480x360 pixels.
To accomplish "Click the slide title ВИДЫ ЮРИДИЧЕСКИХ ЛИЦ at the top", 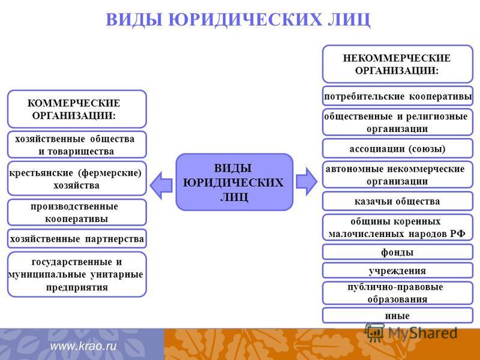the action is [x=238, y=20].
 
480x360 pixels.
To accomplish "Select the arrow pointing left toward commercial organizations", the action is [x=161, y=185].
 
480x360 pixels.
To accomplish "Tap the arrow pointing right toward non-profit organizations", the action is [x=307, y=182].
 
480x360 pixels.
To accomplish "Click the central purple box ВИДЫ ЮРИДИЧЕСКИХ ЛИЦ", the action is [x=234, y=182].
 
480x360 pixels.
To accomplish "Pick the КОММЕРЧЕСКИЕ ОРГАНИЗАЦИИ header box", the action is [x=77, y=109].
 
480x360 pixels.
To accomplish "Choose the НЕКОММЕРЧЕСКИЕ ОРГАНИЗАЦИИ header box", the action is [x=398, y=64].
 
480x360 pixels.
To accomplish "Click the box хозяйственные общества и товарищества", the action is [x=77, y=145].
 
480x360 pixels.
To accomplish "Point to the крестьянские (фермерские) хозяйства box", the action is [x=77, y=179].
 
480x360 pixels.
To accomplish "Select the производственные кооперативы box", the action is [x=77, y=212].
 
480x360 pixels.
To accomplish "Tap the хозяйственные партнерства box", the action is [x=77, y=238].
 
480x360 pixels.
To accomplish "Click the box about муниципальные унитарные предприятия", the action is [x=77, y=274].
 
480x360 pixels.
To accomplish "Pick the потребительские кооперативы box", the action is [x=398, y=97].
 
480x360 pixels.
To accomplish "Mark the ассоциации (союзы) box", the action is [x=398, y=149].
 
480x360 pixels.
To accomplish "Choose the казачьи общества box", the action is [x=398, y=201].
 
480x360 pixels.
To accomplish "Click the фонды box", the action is [x=398, y=252].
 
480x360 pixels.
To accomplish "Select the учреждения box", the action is [x=398, y=271].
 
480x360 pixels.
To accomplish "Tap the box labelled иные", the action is [x=398, y=316].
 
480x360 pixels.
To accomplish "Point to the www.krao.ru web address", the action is [x=83, y=346].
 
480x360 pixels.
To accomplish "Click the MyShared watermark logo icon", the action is [x=374, y=333].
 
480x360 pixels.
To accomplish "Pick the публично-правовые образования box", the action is [x=398, y=293].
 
